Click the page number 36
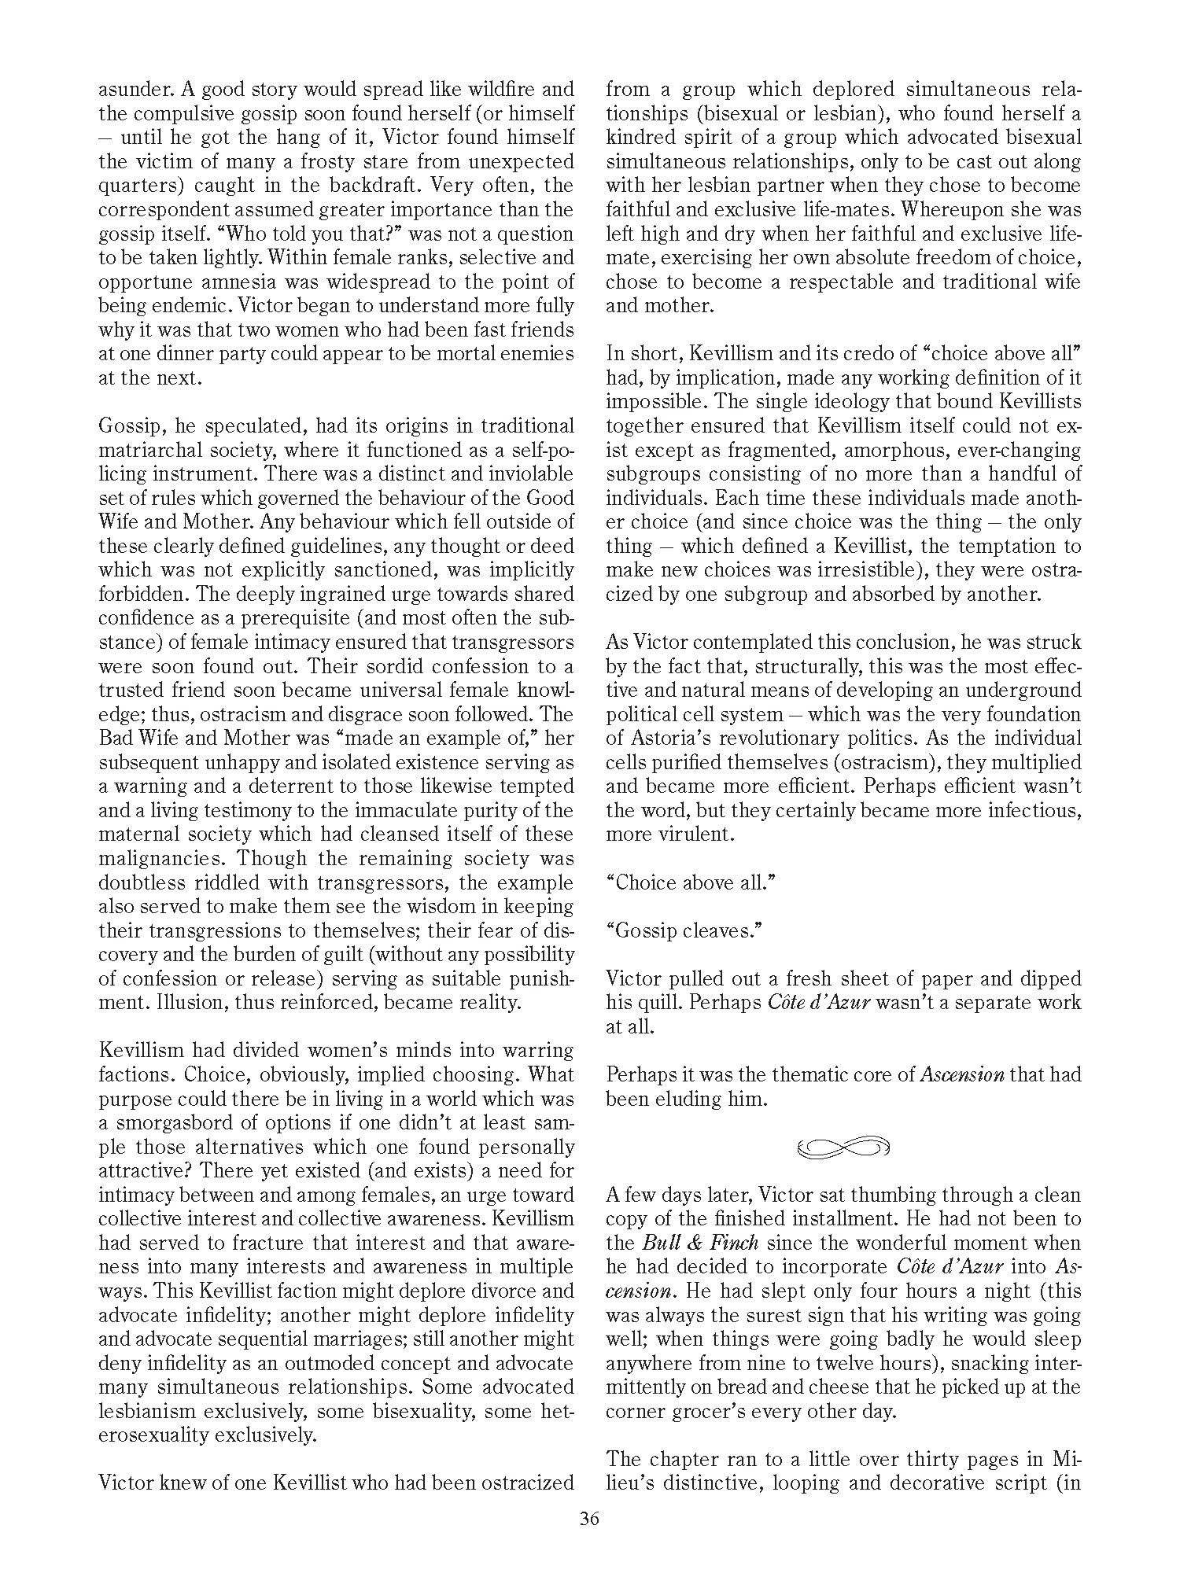pos(589,1519)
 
